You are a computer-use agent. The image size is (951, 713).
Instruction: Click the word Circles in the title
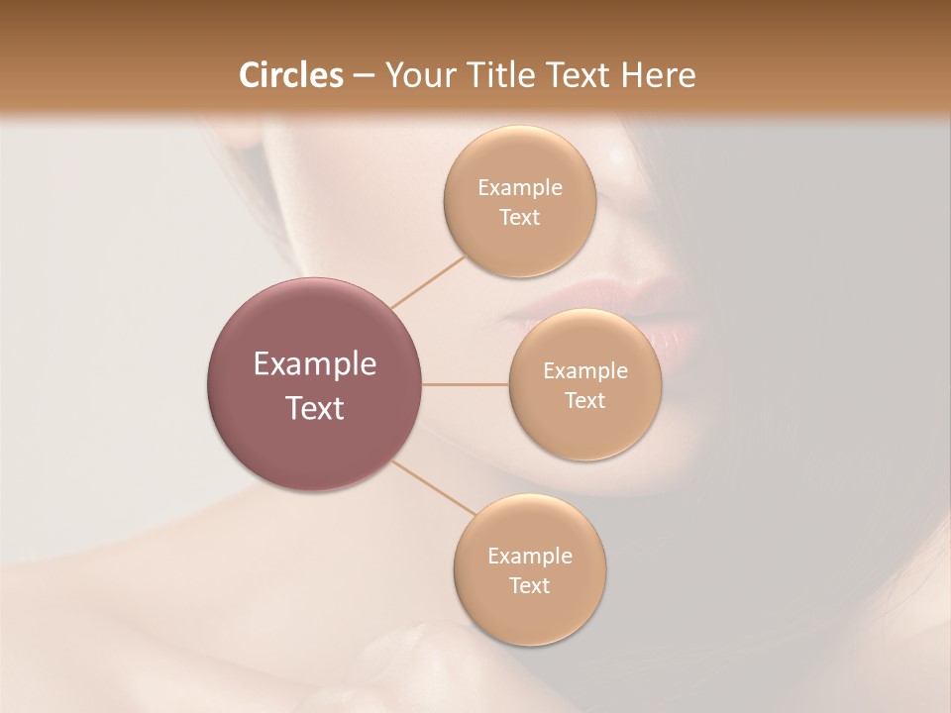291,75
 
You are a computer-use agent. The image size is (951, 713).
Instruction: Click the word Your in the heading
417,75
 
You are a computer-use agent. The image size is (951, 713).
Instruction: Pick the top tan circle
520,248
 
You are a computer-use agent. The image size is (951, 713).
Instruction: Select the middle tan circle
585,436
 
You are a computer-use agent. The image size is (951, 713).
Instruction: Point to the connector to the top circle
428,281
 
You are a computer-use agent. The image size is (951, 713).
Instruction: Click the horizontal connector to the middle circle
466,384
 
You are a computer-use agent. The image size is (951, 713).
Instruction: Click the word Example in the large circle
314,364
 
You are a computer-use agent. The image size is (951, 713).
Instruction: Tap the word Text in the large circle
314,408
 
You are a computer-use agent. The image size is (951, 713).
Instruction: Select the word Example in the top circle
520,188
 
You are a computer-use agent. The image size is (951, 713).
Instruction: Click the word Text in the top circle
520,217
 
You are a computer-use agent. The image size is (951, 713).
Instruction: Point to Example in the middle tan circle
585,371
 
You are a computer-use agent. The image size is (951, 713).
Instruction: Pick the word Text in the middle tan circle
585,400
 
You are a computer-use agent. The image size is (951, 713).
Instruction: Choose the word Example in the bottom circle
530,557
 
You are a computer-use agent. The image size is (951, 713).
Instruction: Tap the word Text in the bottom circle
530,585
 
